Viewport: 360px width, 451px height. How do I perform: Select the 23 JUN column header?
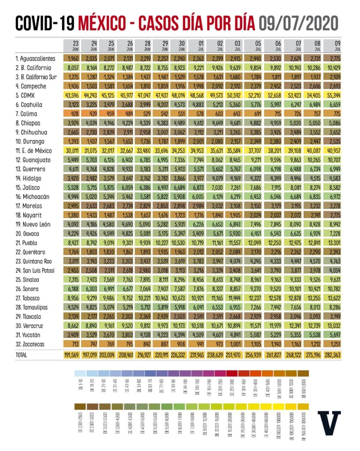[76, 46]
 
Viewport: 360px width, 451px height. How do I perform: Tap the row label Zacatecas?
[31, 344]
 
